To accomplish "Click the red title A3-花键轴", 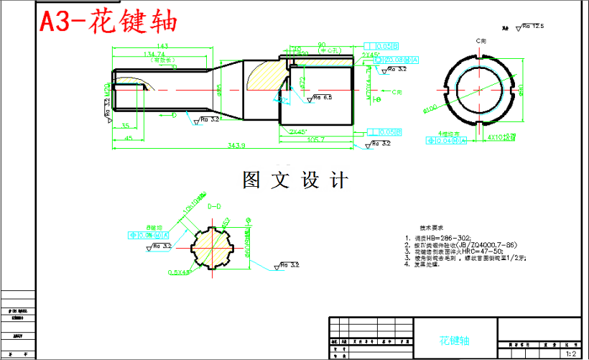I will (108, 22).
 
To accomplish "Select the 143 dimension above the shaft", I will (162, 46).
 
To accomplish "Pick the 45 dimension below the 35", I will (129, 137).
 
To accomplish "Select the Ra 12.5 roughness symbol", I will (532, 27).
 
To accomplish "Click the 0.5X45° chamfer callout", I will (179, 272).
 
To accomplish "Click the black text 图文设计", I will (295, 180).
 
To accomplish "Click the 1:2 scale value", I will (572, 354).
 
